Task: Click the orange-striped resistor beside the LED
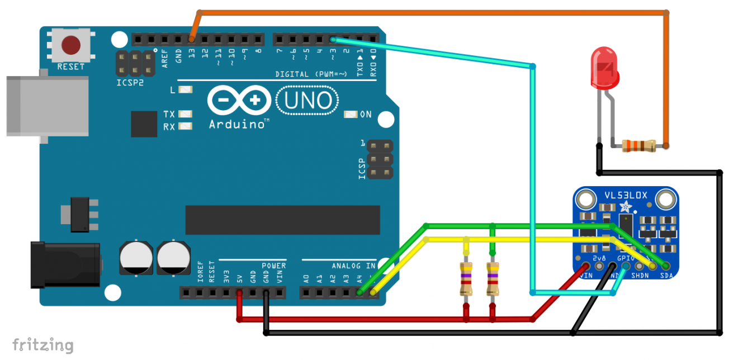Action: [639, 146]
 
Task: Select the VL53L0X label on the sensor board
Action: [626, 196]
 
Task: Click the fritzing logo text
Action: [42, 344]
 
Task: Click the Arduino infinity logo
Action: [238, 101]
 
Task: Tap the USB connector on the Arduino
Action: [47, 106]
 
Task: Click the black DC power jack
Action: [64, 264]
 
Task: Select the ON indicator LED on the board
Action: [351, 115]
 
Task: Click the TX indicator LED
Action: [185, 114]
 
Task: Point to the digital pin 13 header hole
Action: [192, 40]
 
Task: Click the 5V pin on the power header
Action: [239, 292]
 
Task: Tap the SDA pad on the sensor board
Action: [666, 266]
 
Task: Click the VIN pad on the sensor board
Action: [586, 266]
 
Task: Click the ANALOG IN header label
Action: [353, 266]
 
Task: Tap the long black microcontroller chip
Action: [282, 220]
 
